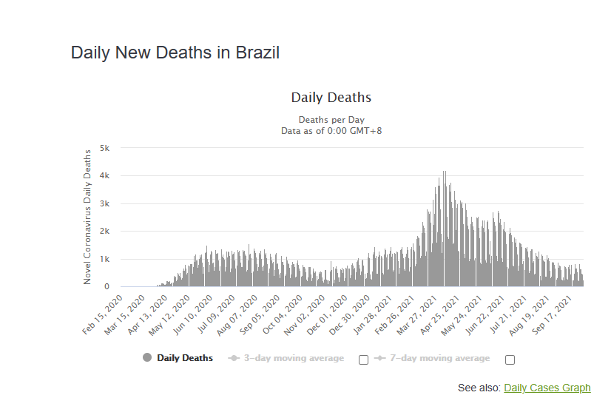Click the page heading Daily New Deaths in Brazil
click(175, 53)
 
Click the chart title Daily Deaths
click(331, 98)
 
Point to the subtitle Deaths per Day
click(331, 120)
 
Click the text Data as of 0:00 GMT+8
click(331, 130)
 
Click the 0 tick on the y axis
click(107, 287)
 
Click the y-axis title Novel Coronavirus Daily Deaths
click(87, 216)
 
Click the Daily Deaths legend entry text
click(185, 358)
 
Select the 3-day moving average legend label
click(294, 358)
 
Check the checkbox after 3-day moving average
click(363, 360)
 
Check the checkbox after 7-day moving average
click(510, 360)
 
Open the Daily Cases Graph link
click(547, 388)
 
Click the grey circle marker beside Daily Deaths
click(146, 358)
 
